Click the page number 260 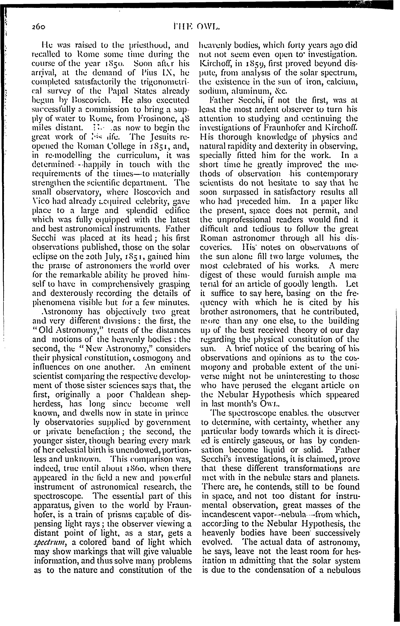click(x=39, y=27)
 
